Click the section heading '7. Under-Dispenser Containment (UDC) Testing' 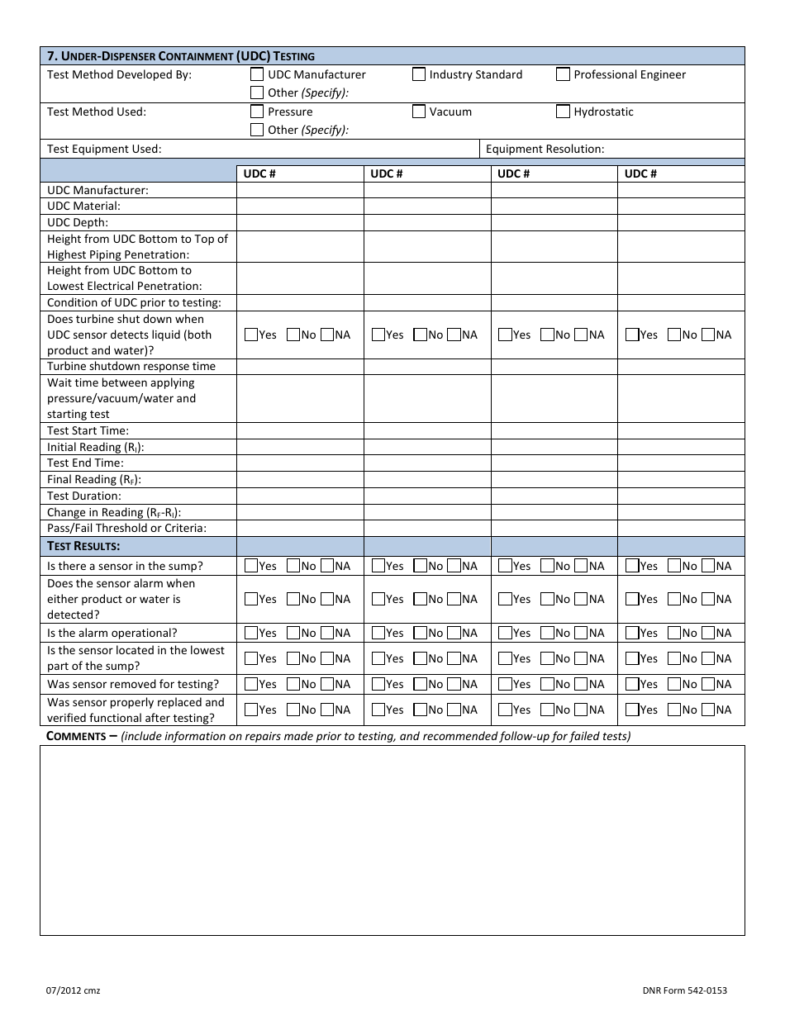pyautogui.click(x=181, y=56)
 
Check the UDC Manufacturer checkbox pyautogui.click(x=257, y=75)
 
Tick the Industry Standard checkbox pyautogui.click(x=419, y=75)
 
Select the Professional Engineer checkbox pyautogui.click(x=563, y=75)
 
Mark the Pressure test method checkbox pyautogui.click(x=257, y=112)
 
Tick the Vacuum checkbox pyautogui.click(x=419, y=112)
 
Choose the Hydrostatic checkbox pyautogui.click(x=563, y=112)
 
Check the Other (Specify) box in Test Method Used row pyautogui.click(x=257, y=130)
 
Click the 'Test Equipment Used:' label pyautogui.click(x=104, y=150)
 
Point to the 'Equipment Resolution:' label pyautogui.click(x=545, y=150)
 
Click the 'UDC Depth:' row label pyautogui.click(x=78, y=223)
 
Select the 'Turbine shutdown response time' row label pyautogui.click(x=131, y=367)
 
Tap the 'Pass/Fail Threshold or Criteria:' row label pyautogui.click(x=126, y=529)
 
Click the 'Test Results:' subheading pyautogui.click(x=83, y=546)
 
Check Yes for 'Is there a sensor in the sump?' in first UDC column pyautogui.click(x=251, y=567)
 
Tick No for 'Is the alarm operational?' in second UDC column pyautogui.click(x=420, y=634)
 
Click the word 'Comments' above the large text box pyautogui.click(x=76, y=736)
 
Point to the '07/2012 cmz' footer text pyautogui.click(x=74, y=990)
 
